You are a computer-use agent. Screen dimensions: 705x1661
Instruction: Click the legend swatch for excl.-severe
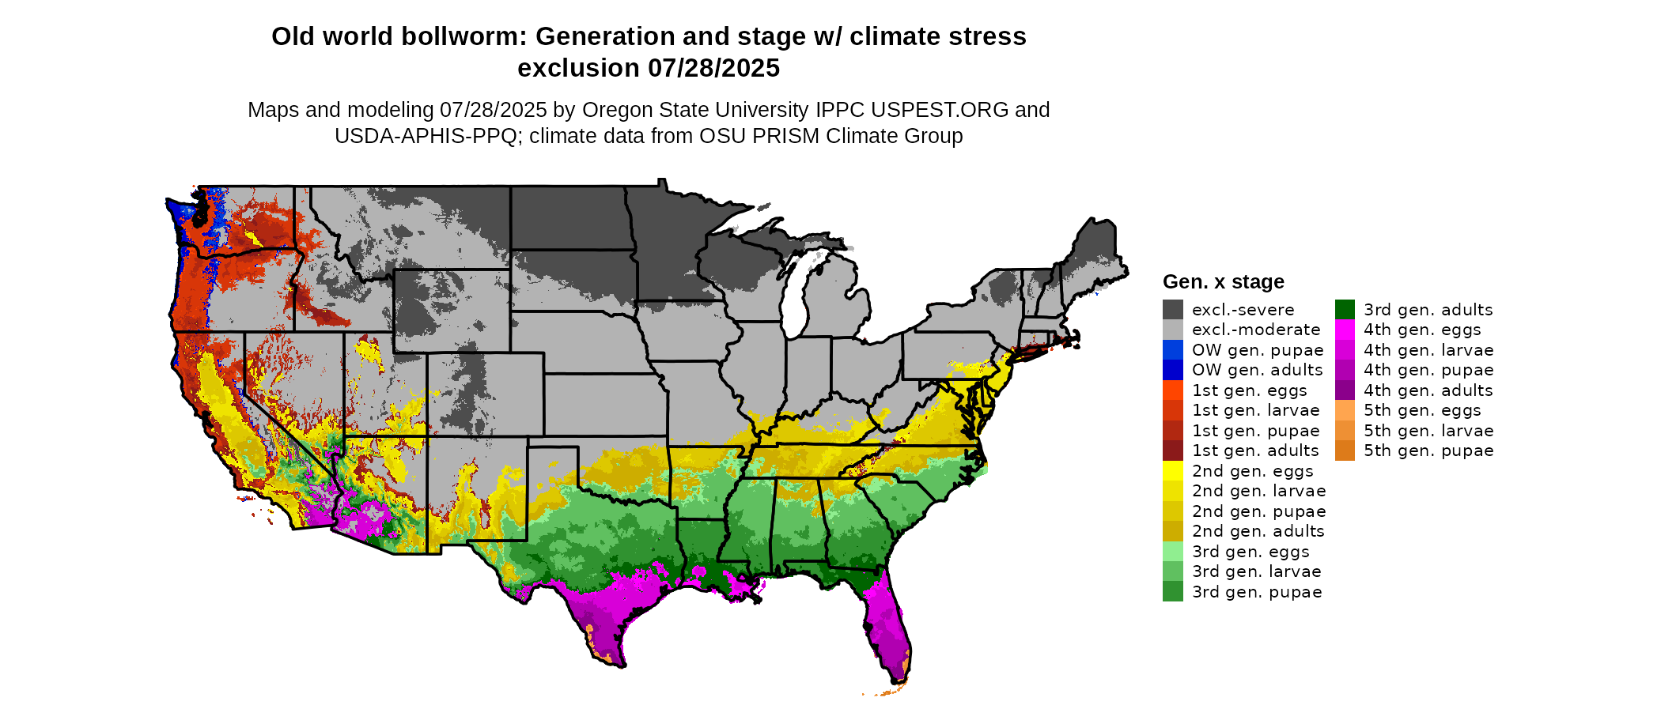click(x=1172, y=310)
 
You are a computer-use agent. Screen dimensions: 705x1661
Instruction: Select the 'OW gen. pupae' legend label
click(x=1258, y=350)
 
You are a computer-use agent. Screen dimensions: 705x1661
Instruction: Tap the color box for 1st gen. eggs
click(x=1172, y=390)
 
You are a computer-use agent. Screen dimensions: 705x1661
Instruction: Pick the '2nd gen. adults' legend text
click(x=1258, y=531)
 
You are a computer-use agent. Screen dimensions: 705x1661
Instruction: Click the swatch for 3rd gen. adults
click(x=1345, y=310)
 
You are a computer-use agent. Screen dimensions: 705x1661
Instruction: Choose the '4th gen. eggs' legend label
click(x=1422, y=330)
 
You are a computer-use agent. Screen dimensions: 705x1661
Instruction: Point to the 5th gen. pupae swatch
click(x=1345, y=451)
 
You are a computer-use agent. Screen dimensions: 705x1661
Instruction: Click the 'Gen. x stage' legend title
click(x=1223, y=281)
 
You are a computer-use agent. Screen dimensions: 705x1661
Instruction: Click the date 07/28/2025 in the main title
click(x=713, y=68)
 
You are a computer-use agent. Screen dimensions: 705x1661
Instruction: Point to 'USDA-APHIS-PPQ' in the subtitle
click(x=426, y=136)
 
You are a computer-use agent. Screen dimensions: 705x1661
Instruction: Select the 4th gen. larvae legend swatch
click(x=1345, y=350)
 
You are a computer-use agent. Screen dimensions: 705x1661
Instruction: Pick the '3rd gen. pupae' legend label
click(x=1257, y=592)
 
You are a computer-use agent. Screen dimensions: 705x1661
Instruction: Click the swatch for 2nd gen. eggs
click(x=1172, y=471)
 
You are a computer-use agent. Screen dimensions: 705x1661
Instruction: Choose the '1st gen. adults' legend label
click(x=1255, y=451)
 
